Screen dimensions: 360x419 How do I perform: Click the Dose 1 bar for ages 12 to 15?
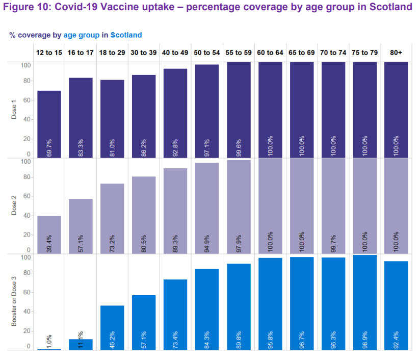[x=49, y=122]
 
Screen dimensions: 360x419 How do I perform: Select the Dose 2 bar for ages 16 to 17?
[x=81, y=224]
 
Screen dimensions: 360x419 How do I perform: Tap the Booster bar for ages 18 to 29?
[x=112, y=326]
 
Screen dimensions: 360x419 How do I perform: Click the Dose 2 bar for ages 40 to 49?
[x=175, y=209]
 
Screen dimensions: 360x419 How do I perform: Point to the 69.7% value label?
[x=49, y=146]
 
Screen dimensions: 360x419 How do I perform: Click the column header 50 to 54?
[x=207, y=53]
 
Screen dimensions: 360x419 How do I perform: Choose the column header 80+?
[x=396, y=53]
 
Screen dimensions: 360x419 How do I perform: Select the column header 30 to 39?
[x=144, y=53]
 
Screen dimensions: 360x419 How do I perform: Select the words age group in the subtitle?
[x=82, y=35]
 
